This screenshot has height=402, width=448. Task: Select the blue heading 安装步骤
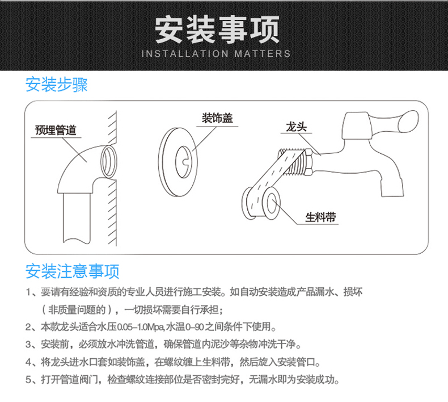click(x=57, y=85)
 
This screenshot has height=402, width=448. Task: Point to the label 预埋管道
click(x=55, y=130)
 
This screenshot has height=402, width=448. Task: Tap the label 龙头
click(x=293, y=127)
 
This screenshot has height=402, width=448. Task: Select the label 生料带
click(x=321, y=217)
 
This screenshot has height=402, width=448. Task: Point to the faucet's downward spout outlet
click(x=391, y=187)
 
